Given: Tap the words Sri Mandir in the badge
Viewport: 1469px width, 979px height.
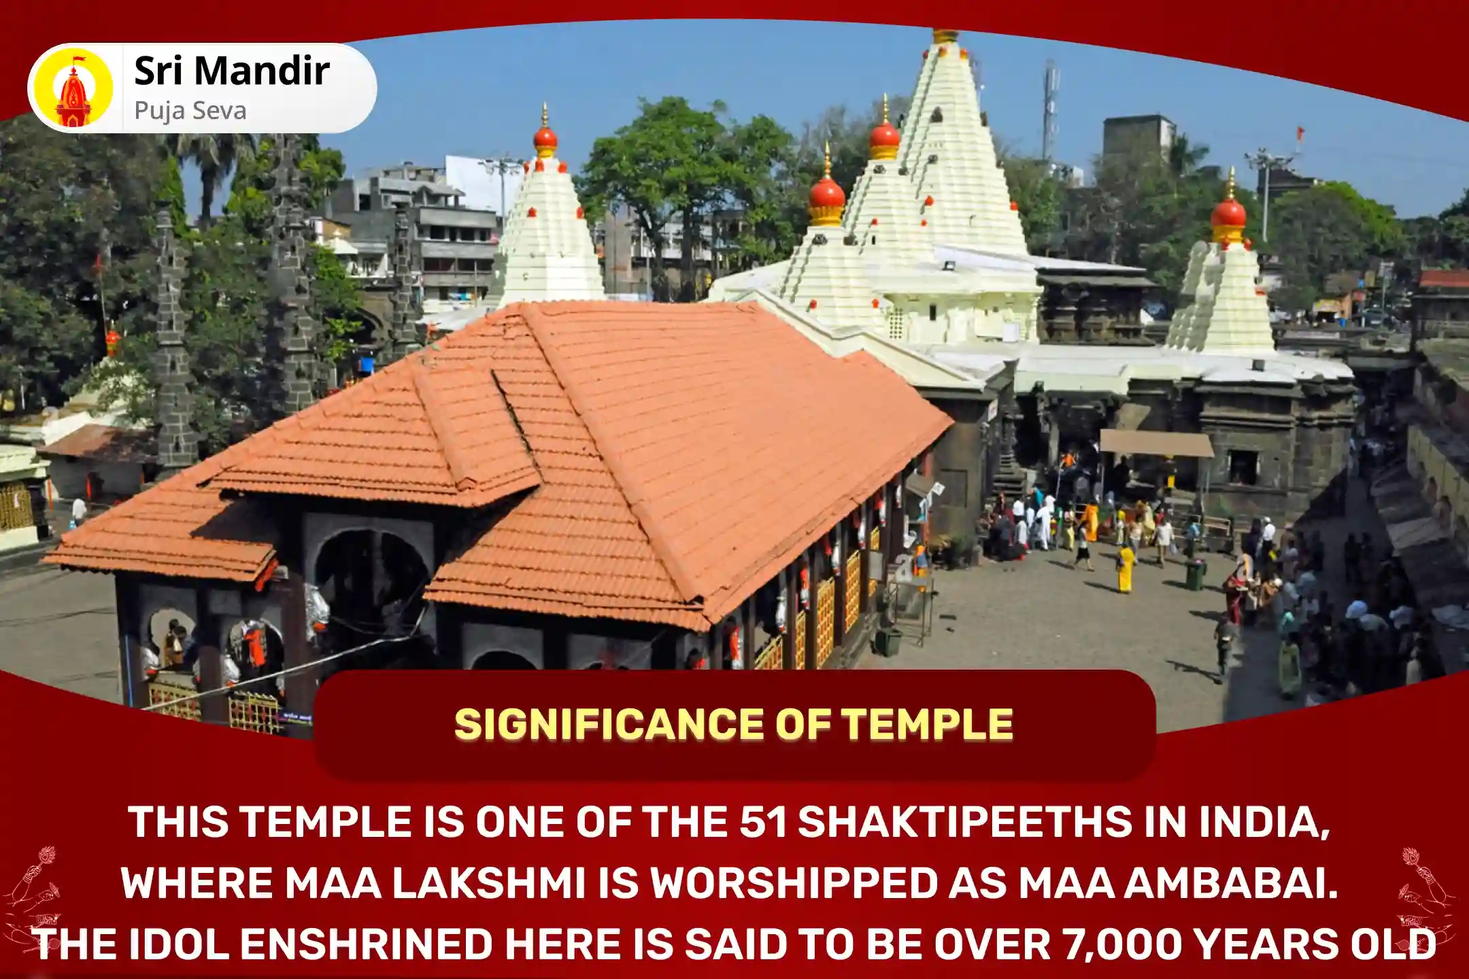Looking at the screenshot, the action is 232,71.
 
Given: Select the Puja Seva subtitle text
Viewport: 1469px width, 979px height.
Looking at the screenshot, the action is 190,110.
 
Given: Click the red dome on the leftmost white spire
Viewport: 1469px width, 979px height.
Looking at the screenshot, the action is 545,139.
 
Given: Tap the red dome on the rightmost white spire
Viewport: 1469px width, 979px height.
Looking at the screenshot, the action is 1228,213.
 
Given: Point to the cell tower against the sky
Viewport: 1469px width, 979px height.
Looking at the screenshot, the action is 1051,109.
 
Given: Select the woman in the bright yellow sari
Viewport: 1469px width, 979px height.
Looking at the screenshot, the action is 1126,568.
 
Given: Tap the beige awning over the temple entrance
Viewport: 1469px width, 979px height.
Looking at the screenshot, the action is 1157,443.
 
